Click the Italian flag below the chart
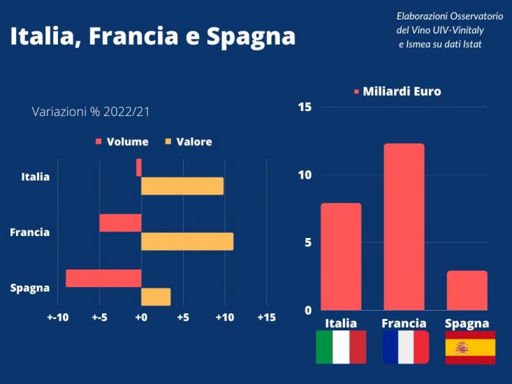point(341,347)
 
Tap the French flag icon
point(406,347)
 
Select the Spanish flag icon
point(470,347)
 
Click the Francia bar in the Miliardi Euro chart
point(404,226)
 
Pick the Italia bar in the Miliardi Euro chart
point(341,256)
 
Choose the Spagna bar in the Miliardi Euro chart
point(467,290)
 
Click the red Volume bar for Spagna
point(103,278)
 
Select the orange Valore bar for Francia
point(187,242)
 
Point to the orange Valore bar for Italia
point(182,186)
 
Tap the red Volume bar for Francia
point(120,223)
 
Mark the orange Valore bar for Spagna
point(156,297)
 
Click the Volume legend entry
point(122,142)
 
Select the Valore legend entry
point(189,142)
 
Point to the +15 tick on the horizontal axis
point(266,318)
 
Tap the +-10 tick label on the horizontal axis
point(58,318)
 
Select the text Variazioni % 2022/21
point(91,111)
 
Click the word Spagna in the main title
point(251,36)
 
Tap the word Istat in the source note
point(469,45)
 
